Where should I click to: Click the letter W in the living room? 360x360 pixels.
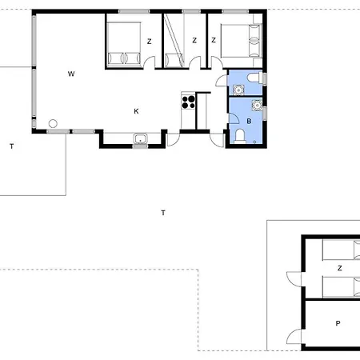(71, 74)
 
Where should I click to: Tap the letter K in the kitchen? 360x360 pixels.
(136, 111)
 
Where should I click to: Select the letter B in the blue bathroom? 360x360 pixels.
(249, 121)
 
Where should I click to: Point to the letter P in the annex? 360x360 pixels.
(338, 323)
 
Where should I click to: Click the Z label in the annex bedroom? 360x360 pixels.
(339, 268)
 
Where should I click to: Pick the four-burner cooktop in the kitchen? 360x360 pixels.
(188, 102)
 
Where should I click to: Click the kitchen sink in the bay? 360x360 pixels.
(140, 138)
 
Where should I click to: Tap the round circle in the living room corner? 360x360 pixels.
(53, 123)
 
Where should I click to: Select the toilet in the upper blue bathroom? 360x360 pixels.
(254, 78)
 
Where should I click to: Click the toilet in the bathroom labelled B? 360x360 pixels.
(240, 136)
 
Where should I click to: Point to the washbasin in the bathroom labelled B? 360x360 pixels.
(257, 105)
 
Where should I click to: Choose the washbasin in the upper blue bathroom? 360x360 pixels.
(238, 90)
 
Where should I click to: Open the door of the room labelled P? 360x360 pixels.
(294, 337)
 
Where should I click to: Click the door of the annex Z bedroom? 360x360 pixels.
(294, 279)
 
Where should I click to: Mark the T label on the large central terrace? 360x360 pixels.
(163, 213)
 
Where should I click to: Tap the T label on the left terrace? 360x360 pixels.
(12, 146)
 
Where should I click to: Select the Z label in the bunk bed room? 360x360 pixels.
(194, 40)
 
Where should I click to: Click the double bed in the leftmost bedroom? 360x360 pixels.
(124, 44)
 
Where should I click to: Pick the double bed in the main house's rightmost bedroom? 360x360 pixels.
(241, 41)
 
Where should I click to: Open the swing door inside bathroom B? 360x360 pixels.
(234, 118)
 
